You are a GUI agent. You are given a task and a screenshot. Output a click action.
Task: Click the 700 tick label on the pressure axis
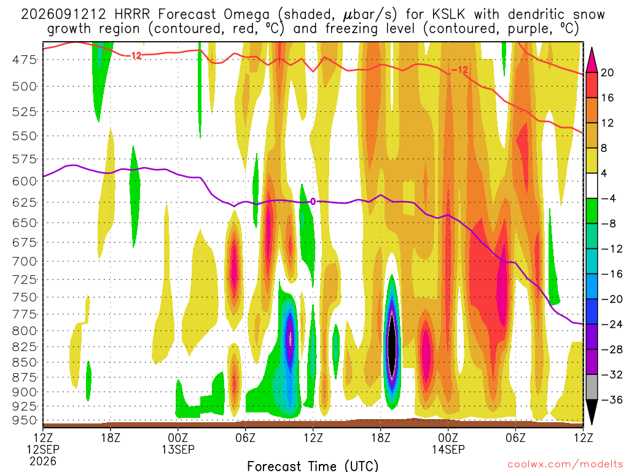pos(25,262)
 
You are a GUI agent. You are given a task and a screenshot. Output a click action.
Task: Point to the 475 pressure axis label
pos(25,60)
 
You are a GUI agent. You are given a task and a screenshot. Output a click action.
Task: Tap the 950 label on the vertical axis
pos(25,420)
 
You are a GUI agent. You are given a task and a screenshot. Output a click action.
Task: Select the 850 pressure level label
pos(25,363)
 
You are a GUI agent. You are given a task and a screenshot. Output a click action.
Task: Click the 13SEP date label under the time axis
pos(178,449)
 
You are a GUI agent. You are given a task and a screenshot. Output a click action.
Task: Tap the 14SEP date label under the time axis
pos(448,449)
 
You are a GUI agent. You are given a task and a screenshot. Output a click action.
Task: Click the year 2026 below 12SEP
pos(43,461)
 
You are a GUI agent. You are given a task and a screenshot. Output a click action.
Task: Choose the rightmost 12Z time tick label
pos(583,438)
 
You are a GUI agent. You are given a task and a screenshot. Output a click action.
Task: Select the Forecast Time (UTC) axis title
pos(313,466)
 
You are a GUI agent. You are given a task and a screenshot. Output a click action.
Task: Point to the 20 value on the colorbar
pos(607,73)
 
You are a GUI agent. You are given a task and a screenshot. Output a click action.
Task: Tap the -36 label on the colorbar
pos(611,399)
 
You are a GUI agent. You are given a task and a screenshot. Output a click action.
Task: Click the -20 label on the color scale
pos(611,299)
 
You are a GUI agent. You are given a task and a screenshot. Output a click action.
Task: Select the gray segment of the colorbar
pos(592,387)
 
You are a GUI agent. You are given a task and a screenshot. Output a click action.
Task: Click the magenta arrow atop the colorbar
pos(592,60)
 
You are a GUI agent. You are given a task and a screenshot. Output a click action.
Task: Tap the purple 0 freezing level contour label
pos(313,202)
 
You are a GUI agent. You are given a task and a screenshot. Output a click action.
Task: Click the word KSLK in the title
pos(448,15)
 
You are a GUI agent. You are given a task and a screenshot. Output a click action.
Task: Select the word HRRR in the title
pos(132,15)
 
